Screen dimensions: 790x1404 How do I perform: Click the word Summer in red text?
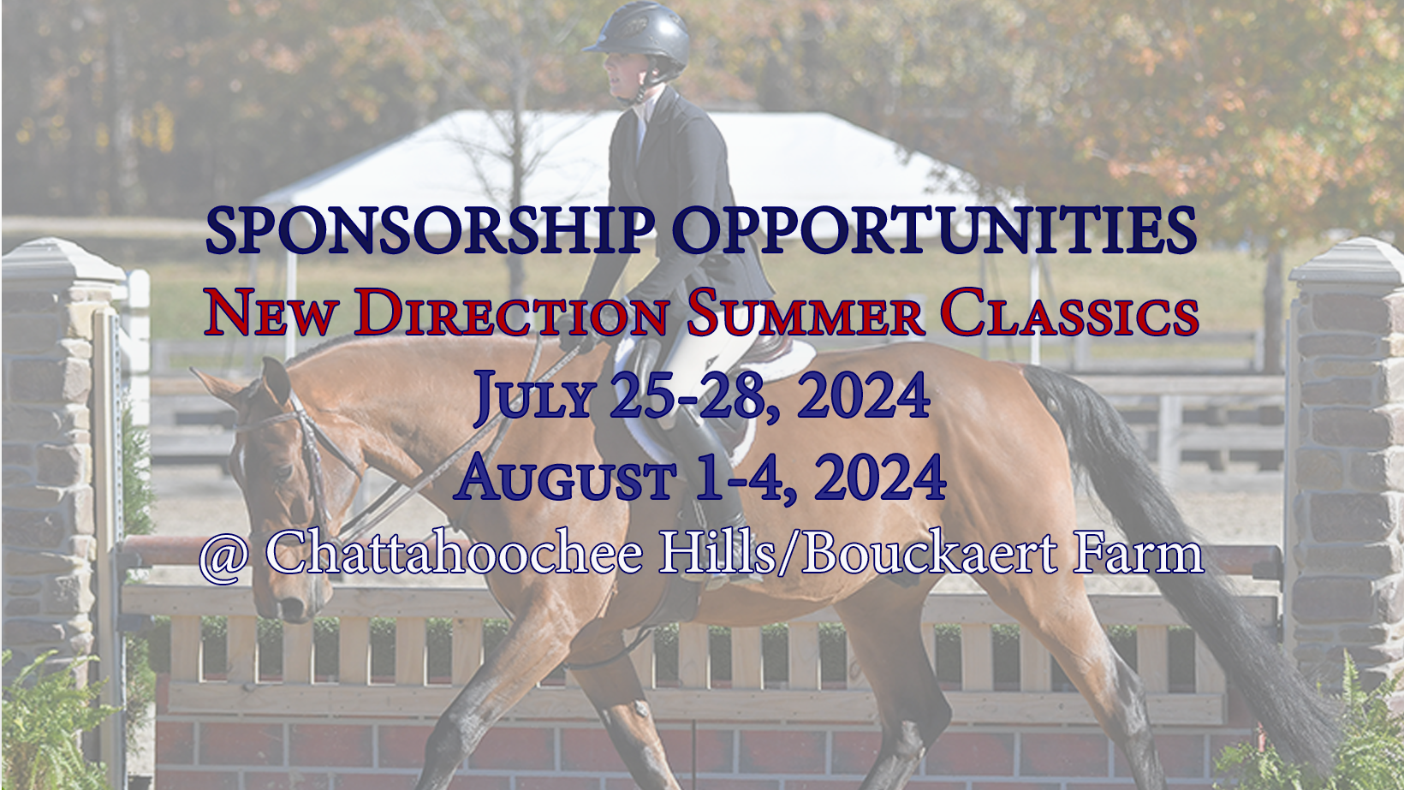(x=805, y=314)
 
